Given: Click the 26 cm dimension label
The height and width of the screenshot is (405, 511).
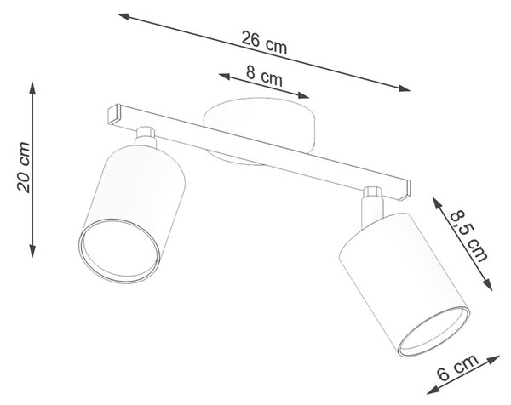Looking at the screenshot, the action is (264, 43).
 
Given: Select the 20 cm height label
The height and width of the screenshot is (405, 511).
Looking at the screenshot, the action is (24, 168).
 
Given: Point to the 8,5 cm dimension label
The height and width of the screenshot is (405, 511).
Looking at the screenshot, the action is (469, 236).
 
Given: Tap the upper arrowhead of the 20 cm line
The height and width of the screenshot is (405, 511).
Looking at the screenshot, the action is (32, 88).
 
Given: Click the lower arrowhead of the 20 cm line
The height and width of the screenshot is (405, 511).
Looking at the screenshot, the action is (32, 251).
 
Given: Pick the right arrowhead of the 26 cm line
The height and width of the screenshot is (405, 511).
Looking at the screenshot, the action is (404, 88).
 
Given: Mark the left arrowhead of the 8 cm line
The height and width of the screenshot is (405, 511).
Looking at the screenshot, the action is (225, 77).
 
